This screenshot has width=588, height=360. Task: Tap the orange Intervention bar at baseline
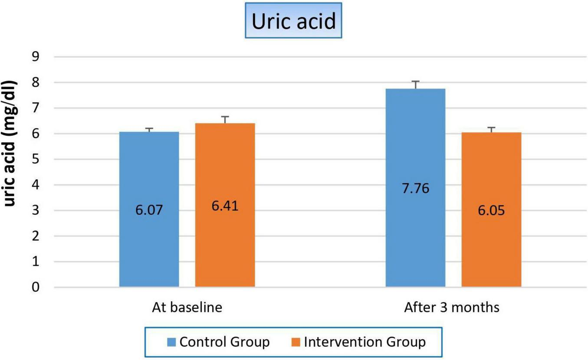coord(224,243)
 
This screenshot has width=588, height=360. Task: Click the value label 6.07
coord(149,211)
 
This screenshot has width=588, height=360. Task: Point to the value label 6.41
coord(225,206)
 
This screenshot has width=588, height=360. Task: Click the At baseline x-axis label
coord(187,308)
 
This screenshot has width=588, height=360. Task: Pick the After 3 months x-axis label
coord(452,308)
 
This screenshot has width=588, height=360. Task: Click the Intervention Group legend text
coord(365,342)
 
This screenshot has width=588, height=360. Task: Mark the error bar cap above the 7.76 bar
coord(415,81)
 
